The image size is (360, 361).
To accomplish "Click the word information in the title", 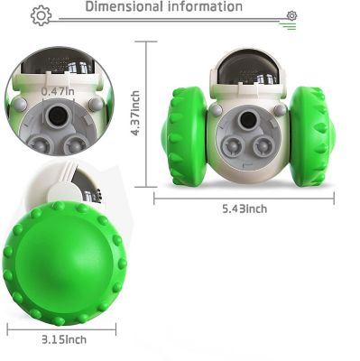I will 203,7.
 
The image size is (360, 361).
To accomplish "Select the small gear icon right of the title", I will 291,15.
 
